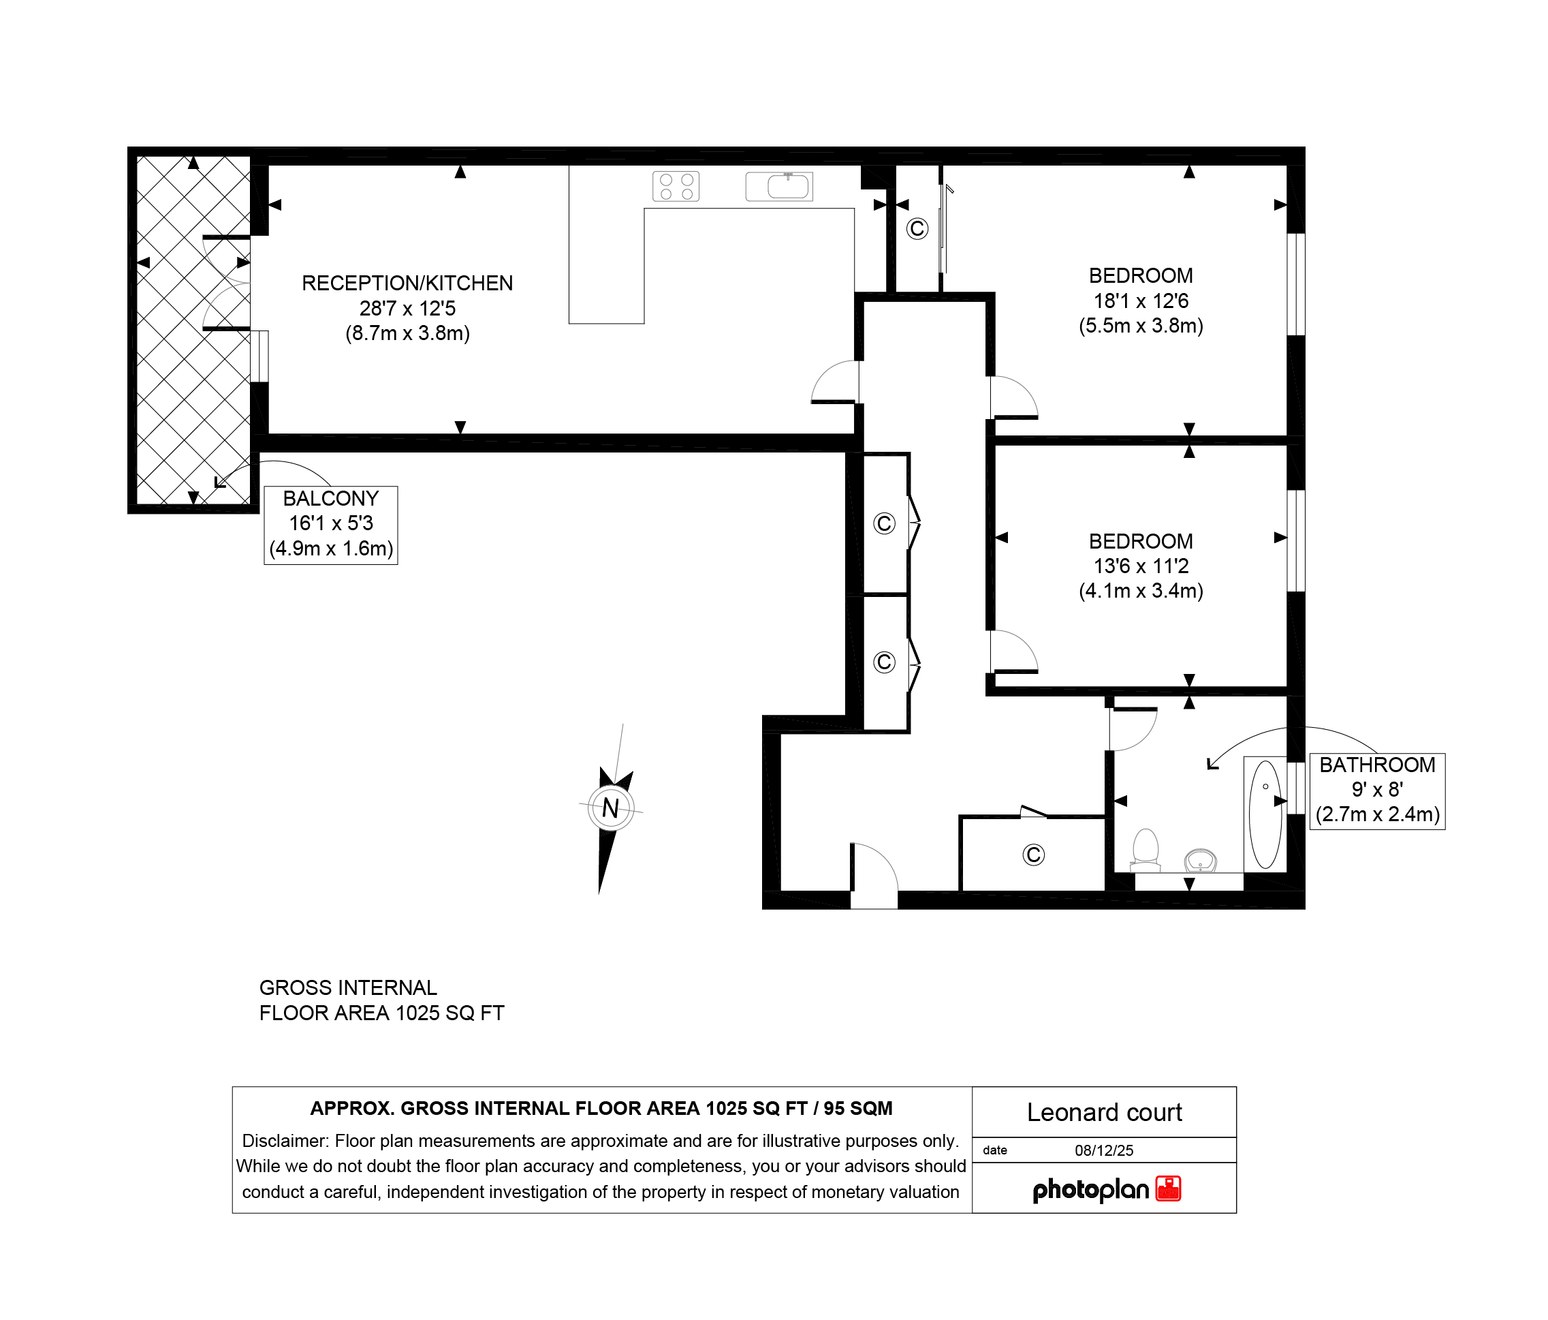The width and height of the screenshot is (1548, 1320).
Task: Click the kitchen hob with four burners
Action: pos(676,186)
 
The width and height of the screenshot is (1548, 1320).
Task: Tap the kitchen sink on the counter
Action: pos(779,186)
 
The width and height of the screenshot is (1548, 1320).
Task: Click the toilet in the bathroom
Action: pos(1146,850)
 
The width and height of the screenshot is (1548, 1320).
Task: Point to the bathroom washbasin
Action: pos(1201,860)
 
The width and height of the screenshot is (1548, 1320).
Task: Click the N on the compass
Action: pos(610,808)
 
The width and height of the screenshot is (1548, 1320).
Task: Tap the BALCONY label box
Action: pos(331,525)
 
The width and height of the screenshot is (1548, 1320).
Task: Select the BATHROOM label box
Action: pos(1377,791)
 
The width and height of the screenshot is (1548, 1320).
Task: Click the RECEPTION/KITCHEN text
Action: pos(407,283)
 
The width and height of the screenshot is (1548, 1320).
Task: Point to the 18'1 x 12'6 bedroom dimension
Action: pos(1141,301)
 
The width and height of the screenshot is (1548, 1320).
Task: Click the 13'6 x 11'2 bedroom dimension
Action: pos(1141,566)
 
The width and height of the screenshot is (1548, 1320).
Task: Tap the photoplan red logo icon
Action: pos(1169,1188)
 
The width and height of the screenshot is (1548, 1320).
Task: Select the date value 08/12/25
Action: pos(1104,1150)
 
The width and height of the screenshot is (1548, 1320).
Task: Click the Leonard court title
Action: pos(1104,1112)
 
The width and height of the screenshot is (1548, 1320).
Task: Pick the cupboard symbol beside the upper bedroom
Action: pos(917,228)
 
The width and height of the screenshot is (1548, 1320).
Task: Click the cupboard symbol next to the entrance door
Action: pos(1033,855)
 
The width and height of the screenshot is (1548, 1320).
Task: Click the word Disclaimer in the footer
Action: pos(285,1141)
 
